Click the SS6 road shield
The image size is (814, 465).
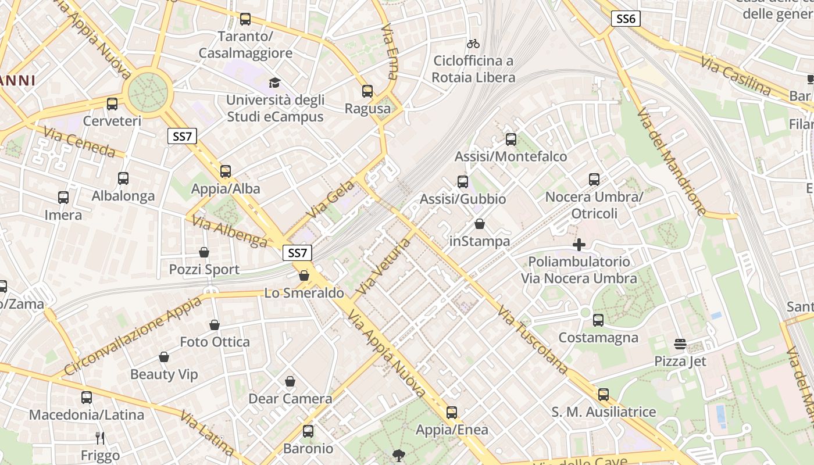[x=626, y=19]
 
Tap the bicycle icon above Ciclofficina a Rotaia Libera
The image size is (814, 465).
[x=473, y=44]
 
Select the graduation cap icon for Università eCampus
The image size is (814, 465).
[x=274, y=83]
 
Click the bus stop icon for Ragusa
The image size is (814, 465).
[x=367, y=91]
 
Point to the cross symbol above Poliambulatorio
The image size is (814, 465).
[x=579, y=245]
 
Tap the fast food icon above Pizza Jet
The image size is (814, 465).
[x=680, y=344]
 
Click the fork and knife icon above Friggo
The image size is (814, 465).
[x=101, y=438]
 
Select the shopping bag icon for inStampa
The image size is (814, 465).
[x=480, y=224]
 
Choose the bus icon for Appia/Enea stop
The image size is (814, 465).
[x=452, y=413]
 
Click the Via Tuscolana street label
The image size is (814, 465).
[x=533, y=340]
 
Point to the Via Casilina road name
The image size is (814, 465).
[x=736, y=76]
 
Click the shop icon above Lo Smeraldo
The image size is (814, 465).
[x=304, y=276]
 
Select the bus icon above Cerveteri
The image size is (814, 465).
[x=112, y=104]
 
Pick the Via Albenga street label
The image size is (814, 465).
[x=229, y=231]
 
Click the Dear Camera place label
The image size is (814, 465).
[x=290, y=399]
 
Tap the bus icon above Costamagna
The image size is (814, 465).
[x=598, y=320]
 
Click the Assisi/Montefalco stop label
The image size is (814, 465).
[x=510, y=156]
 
